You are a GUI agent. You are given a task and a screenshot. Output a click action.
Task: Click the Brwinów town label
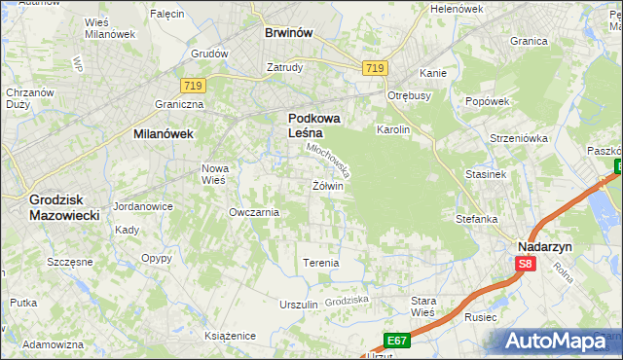[x=288, y=32]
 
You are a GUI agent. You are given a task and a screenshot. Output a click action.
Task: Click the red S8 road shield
[x=526, y=264]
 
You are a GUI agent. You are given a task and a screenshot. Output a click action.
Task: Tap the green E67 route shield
[x=395, y=340]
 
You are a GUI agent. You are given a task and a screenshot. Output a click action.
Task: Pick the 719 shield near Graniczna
[x=192, y=87]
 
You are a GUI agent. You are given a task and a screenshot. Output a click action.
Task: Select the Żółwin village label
[x=328, y=186]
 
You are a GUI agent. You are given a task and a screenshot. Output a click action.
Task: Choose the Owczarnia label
[x=254, y=212]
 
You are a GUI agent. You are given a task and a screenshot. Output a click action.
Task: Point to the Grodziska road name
[x=348, y=302]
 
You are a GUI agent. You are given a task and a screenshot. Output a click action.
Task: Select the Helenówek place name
[x=457, y=9]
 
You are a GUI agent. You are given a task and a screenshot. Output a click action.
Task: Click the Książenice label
[x=230, y=335]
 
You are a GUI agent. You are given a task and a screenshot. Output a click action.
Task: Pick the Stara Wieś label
[x=423, y=306]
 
